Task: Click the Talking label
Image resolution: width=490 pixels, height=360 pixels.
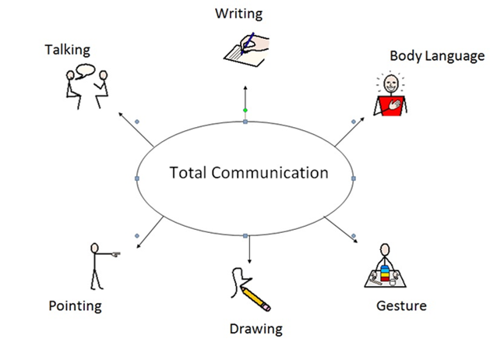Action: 67,50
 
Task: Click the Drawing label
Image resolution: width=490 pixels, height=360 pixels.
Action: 256,329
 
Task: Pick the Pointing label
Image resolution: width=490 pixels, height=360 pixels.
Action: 75,305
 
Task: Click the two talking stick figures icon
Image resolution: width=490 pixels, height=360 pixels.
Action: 85,85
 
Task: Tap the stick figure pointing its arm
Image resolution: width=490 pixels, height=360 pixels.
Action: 99,266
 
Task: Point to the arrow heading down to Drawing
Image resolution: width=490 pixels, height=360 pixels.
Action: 249,249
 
